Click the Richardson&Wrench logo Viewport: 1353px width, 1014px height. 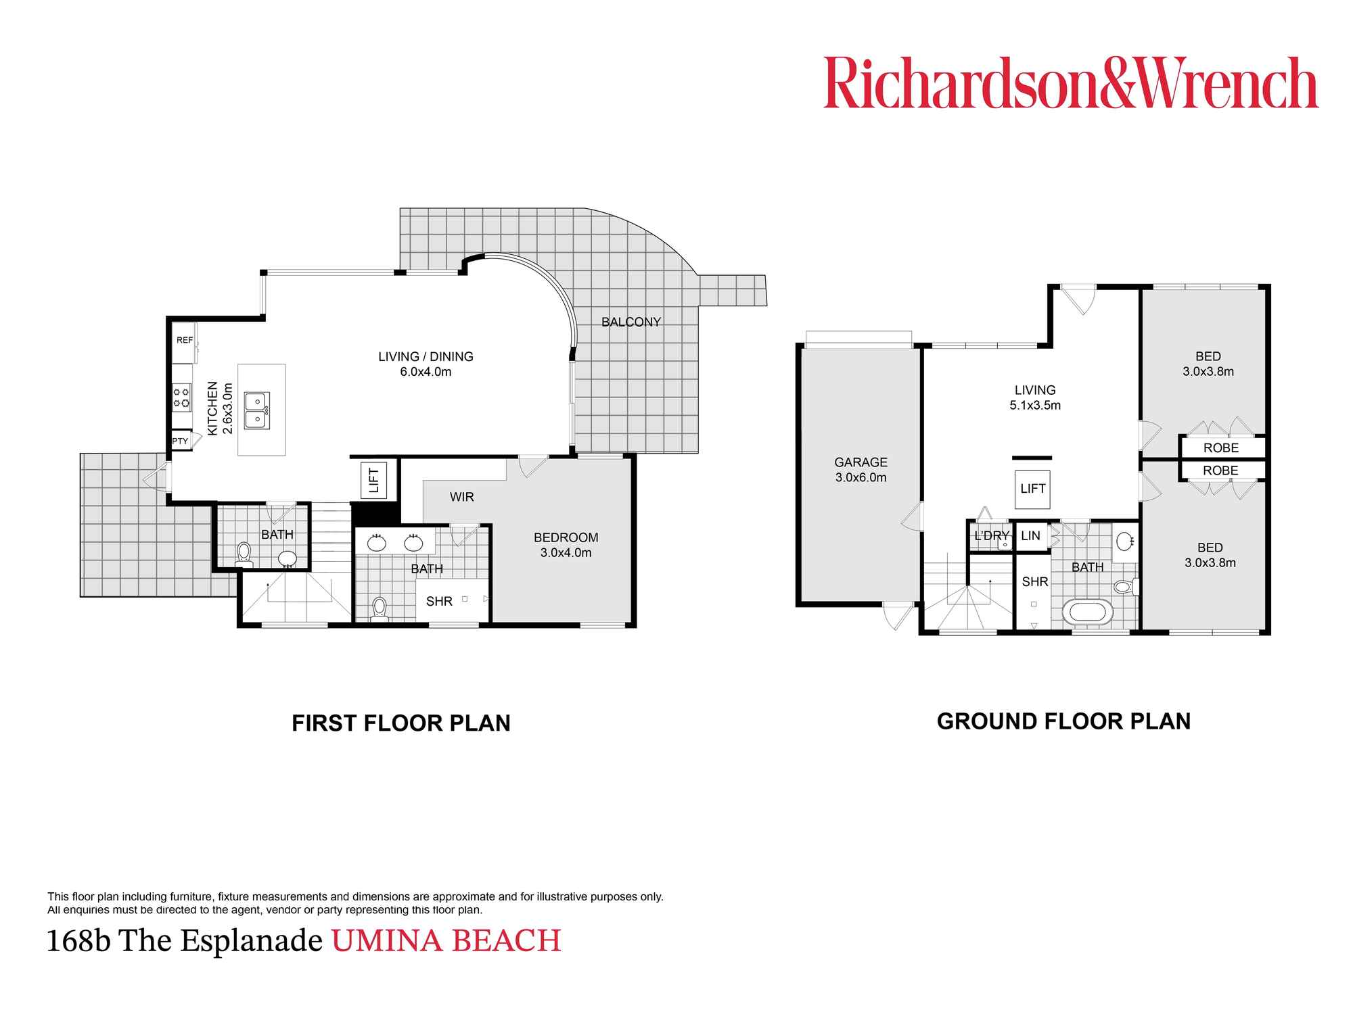pos(1070,83)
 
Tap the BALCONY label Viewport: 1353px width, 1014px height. pos(630,322)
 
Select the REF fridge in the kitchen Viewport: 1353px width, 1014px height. pos(184,341)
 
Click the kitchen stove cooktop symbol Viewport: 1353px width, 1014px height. pos(181,397)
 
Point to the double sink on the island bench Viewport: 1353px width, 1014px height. pos(257,410)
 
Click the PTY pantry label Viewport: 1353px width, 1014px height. pos(180,441)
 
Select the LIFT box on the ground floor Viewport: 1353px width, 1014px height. pos(1032,489)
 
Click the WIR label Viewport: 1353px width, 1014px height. pos(461,497)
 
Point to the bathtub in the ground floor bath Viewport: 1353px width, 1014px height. pos(1087,612)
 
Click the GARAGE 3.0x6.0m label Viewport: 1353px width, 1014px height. pos(861,470)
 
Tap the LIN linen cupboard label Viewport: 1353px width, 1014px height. pos(1030,536)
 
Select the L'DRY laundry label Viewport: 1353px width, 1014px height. pos(991,536)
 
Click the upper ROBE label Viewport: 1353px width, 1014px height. pos(1220,448)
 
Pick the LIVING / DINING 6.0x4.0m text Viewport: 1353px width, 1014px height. pos(426,364)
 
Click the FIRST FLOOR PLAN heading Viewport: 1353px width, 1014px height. pos(400,723)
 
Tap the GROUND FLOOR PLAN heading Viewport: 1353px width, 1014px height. pos(1063,721)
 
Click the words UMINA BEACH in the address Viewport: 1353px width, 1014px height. pos(446,941)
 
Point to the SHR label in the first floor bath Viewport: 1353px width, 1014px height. pos(439,601)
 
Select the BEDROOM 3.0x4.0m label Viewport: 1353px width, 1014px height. pos(566,545)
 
